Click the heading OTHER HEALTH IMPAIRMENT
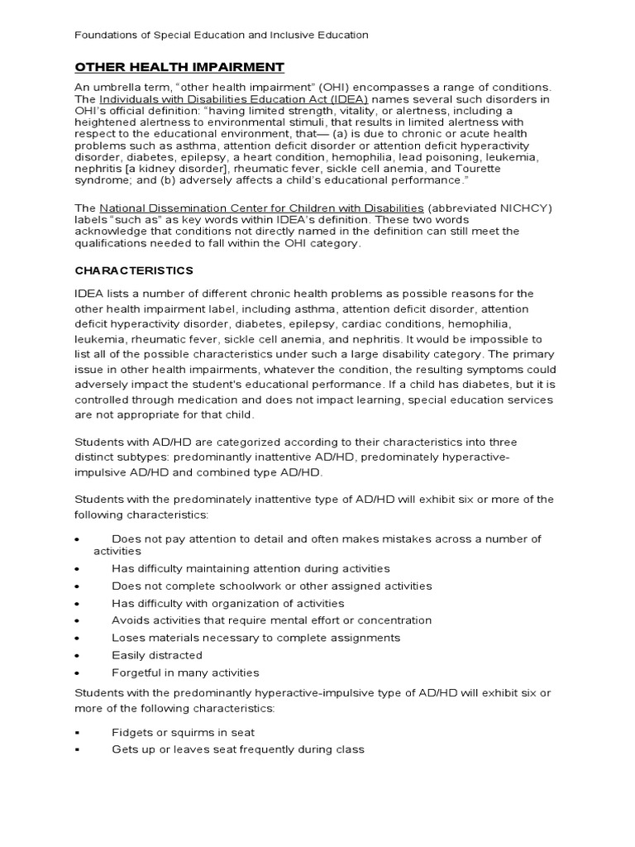[x=179, y=67]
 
